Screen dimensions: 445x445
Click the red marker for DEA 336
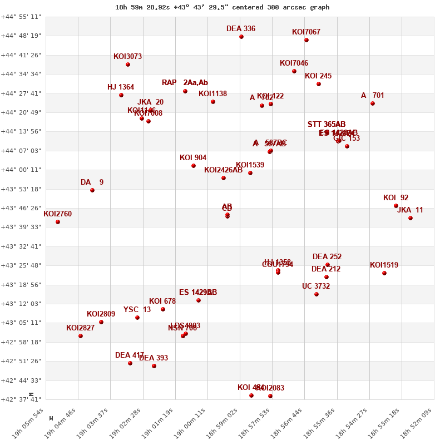241,37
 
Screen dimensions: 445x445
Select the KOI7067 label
306,32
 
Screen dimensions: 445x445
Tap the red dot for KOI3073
128,65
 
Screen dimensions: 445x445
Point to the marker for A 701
373,103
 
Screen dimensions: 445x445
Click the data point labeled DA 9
92,190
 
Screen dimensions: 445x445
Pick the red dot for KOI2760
58,222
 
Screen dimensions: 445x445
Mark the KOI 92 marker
396,206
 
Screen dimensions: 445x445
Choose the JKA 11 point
411,218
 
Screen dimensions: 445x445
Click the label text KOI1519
384,265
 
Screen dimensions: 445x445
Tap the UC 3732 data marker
317,294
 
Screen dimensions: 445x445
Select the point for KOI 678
163,309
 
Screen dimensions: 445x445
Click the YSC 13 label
137,310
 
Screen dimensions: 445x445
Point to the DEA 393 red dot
154,366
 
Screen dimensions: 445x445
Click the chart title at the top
222,7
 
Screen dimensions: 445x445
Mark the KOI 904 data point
194,166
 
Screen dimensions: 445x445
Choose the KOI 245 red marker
319,84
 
